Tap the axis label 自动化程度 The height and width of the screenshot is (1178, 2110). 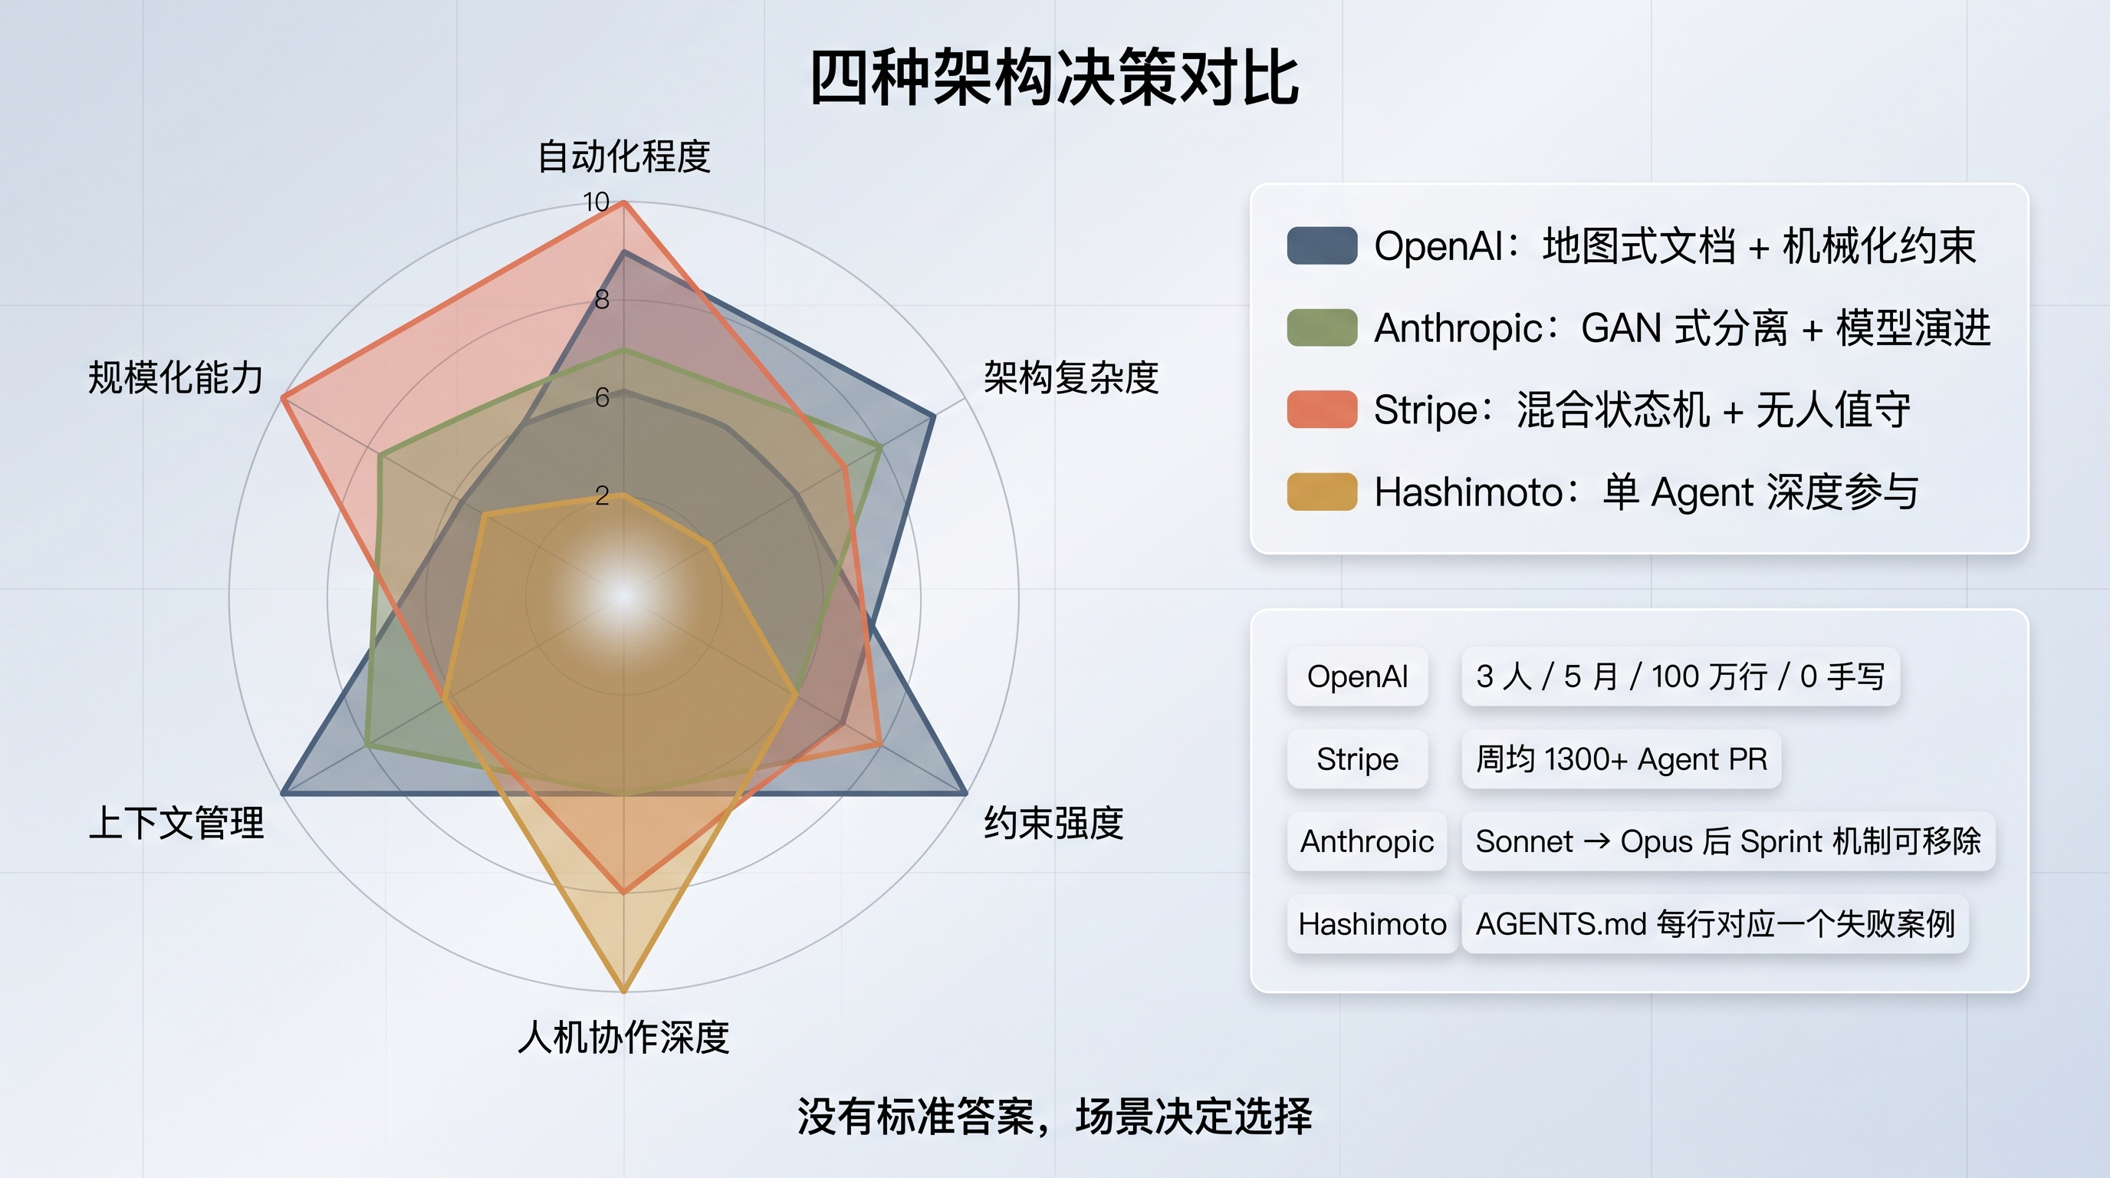pos(623,156)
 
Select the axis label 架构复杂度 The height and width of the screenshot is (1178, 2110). pos(1070,377)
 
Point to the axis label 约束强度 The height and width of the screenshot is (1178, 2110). pos(1053,822)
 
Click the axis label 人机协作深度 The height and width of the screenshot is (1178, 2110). pos(623,1037)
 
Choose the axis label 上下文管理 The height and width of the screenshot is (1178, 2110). pos(176,822)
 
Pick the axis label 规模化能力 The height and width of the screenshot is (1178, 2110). pos(176,377)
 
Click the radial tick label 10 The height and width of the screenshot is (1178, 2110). pos(596,202)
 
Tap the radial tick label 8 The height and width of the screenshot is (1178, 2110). pos(602,300)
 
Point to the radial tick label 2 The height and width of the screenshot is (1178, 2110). pos(602,495)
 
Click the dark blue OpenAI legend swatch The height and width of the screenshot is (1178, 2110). pos(1321,245)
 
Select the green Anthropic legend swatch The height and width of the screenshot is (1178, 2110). pos(1321,327)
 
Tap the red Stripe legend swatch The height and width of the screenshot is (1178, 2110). pos(1321,410)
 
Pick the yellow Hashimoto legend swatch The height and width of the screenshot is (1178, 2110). pos(1321,492)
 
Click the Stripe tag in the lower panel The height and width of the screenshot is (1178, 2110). pos(1357,759)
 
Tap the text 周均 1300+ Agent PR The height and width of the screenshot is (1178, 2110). pos(1621,759)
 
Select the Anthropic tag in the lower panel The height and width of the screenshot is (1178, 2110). pos(1366,841)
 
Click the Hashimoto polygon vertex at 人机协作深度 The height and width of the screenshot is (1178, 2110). pos(624,991)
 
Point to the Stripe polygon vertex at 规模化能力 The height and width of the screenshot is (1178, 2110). pos(282,398)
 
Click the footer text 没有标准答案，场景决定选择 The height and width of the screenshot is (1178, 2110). pos(1054,1116)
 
